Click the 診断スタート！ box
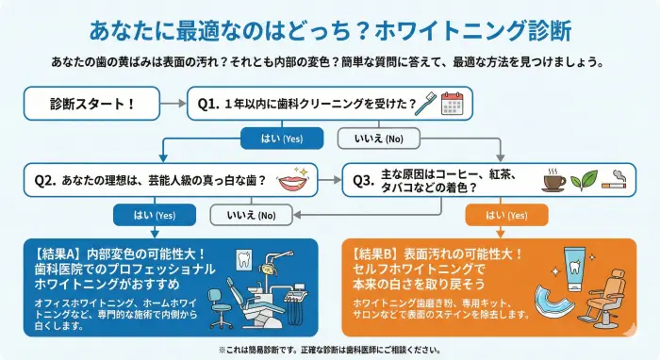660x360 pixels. click(x=91, y=104)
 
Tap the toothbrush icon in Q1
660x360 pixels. click(x=428, y=103)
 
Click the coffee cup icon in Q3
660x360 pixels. click(x=553, y=179)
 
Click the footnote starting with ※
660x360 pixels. click(x=329, y=349)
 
